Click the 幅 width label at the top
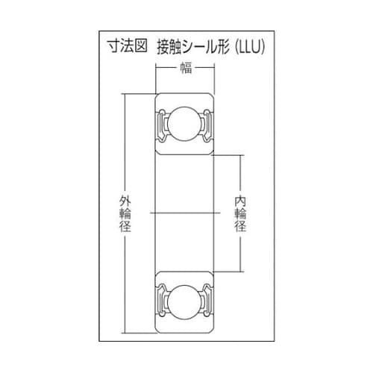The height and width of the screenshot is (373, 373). tap(184, 69)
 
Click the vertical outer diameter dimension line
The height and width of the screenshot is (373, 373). tap(125, 149)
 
